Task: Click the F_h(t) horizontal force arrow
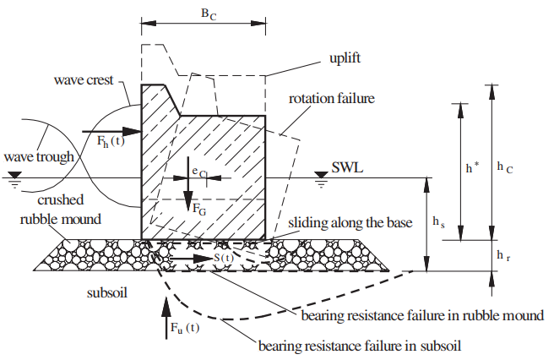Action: click(111, 131)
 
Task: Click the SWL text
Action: click(348, 168)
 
